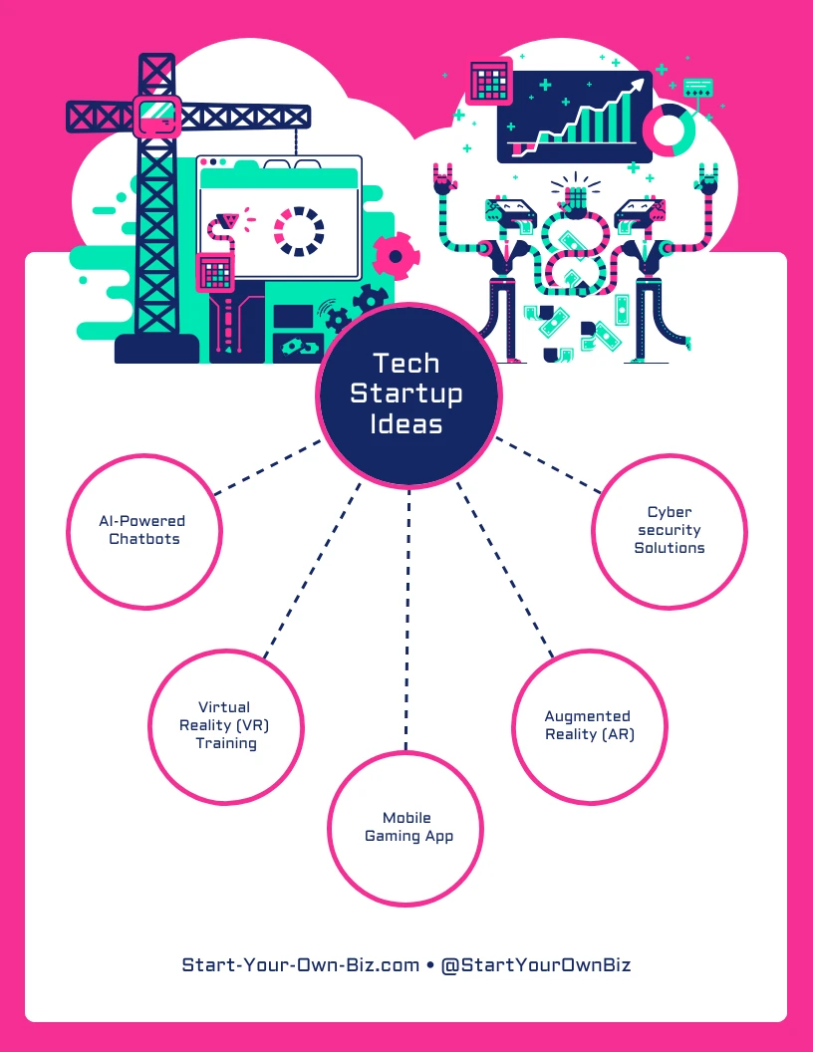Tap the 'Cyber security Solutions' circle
coord(670,531)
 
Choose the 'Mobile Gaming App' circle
coord(406,827)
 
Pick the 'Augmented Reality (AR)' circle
coord(589,726)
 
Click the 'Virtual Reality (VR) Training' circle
coord(225,725)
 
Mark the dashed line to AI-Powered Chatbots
coord(267,465)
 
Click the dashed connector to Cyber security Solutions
coord(548,464)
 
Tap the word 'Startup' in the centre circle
coord(406,393)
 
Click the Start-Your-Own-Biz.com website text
coord(300,964)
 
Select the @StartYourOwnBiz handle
coord(535,964)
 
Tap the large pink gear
coord(395,257)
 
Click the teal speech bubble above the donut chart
coord(697,87)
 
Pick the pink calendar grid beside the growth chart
coord(488,80)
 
